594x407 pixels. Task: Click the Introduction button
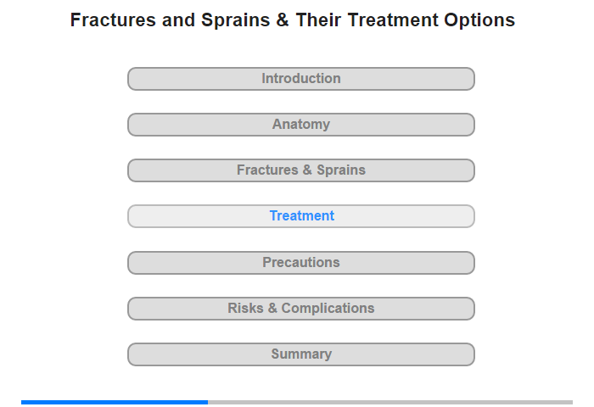click(x=301, y=79)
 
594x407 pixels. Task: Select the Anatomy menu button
click(x=301, y=125)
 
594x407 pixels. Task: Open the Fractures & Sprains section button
click(x=301, y=170)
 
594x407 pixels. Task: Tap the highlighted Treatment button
click(x=301, y=216)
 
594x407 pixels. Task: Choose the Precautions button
click(x=301, y=263)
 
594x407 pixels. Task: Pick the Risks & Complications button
click(x=301, y=309)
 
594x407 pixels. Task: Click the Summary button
click(x=301, y=354)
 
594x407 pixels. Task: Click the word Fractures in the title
click(x=113, y=20)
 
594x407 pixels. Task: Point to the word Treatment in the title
click(x=393, y=20)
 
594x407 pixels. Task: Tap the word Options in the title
click(x=479, y=21)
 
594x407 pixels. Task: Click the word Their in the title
click(x=318, y=20)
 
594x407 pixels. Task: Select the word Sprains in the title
click(x=236, y=21)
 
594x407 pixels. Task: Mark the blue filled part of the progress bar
click(x=115, y=402)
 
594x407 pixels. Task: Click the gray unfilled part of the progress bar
click(x=390, y=402)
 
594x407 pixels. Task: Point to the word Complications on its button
click(x=328, y=309)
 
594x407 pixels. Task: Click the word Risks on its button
click(x=245, y=308)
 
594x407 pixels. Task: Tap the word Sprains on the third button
click(x=341, y=170)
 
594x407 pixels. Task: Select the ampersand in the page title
click(x=283, y=20)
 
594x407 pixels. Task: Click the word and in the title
click(x=178, y=20)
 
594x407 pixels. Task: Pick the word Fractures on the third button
click(x=267, y=170)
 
